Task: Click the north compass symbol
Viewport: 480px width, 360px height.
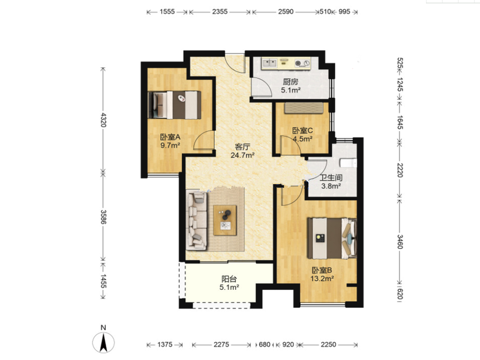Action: (x=103, y=342)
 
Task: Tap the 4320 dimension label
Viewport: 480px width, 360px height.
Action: (x=103, y=119)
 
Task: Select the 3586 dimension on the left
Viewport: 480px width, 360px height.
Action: (x=103, y=217)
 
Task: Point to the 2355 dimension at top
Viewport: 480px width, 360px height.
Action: (x=220, y=11)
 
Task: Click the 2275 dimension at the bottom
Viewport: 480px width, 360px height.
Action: (x=221, y=344)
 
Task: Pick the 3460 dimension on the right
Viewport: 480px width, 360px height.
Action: (x=400, y=241)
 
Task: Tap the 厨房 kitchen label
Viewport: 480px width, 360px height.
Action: (x=290, y=82)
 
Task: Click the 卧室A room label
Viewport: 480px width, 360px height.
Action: (x=170, y=137)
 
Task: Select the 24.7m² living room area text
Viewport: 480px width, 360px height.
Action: (x=242, y=155)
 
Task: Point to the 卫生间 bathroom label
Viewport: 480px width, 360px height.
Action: (x=331, y=178)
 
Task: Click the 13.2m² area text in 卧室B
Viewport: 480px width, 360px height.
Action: (x=322, y=278)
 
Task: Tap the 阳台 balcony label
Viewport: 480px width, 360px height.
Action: (x=229, y=279)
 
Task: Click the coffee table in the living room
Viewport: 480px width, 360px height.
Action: (x=225, y=220)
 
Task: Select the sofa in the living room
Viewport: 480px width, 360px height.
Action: (x=197, y=220)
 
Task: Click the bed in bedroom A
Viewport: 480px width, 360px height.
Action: (x=175, y=104)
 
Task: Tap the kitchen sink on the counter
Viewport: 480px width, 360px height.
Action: (x=269, y=63)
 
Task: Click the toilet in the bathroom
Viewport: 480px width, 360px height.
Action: (x=349, y=163)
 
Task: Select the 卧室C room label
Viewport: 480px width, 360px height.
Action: (x=302, y=131)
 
